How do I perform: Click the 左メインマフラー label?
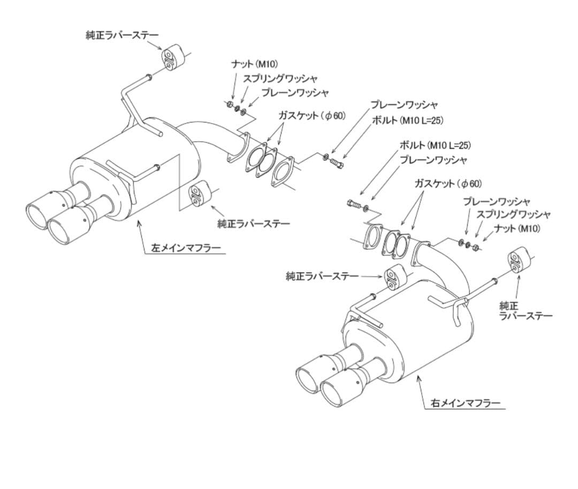(186, 248)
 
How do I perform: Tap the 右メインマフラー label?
(465, 403)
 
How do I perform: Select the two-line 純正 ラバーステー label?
(526, 310)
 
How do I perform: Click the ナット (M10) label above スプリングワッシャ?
(254, 64)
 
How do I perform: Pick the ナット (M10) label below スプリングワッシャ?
(517, 228)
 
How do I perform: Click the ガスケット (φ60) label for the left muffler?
(312, 116)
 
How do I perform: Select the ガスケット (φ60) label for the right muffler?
(448, 183)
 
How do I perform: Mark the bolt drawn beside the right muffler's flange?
(354, 204)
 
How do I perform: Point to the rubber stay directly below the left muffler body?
(199, 193)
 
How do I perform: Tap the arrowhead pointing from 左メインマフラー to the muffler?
(139, 223)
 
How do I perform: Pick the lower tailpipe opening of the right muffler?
(336, 399)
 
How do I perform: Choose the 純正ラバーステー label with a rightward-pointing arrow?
(322, 276)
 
